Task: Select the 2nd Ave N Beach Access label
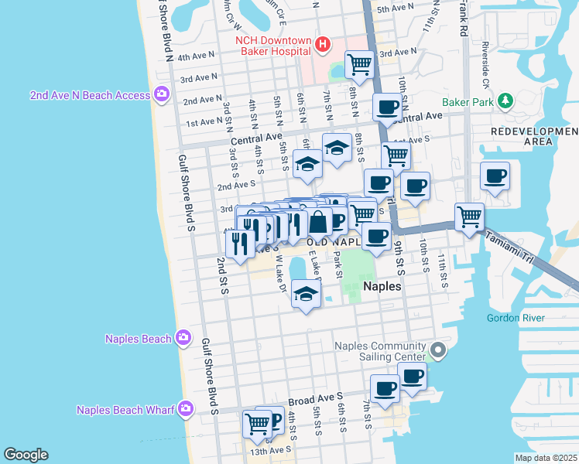click(x=90, y=95)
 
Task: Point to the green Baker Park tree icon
click(x=506, y=101)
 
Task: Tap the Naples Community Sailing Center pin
click(x=438, y=351)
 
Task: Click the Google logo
click(x=26, y=454)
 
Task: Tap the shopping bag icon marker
click(x=318, y=223)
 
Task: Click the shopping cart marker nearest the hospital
click(x=360, y=65)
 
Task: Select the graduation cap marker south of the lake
click(x=307, y=294)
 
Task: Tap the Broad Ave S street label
click(x=316, y=400)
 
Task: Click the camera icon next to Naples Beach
click(x=183, y=337)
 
